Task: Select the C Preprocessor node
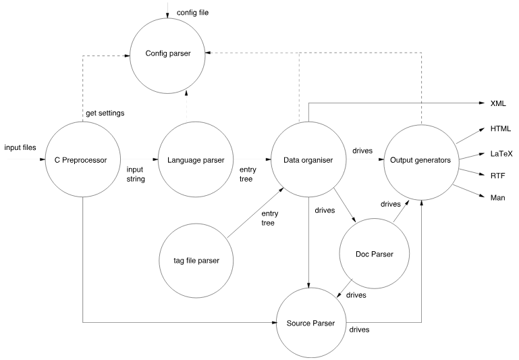click(82, 159)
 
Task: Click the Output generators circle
click(420, 159)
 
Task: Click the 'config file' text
click(191, 13)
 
